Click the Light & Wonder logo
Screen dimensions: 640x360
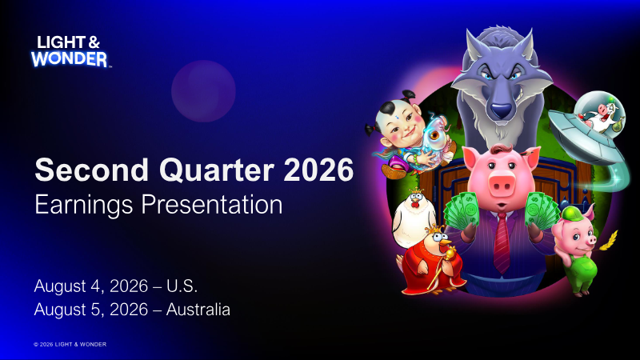pyautogui.click(x=70, y=51)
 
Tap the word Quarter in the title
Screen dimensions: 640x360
pyautogui.click(x=216, y=170)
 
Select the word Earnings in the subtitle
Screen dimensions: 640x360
pyautogui.click(x=84, y=205)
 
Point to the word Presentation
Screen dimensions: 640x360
pyautogui.click(x=211, y=204)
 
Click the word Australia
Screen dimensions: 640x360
pyautogui.click(x=198, y=310)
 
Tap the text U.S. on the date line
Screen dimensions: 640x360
pyautogui.click(x=182, y=286)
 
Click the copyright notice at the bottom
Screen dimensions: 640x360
pyautogui.click(x=70, y=345)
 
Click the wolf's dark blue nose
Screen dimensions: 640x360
pyautogui.click(x=501, y=110)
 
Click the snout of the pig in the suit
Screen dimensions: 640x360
pyautogui.click(x=502, y=185)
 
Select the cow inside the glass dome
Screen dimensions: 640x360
pyautogui.click(x=600, y=114)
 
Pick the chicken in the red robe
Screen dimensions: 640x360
pyautogui.click(x=432, y=262)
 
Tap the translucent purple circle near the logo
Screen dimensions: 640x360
pyautogui.click(x=203, y=91)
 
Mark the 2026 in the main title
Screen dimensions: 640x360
pyautogui.click(x=318, y=170)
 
